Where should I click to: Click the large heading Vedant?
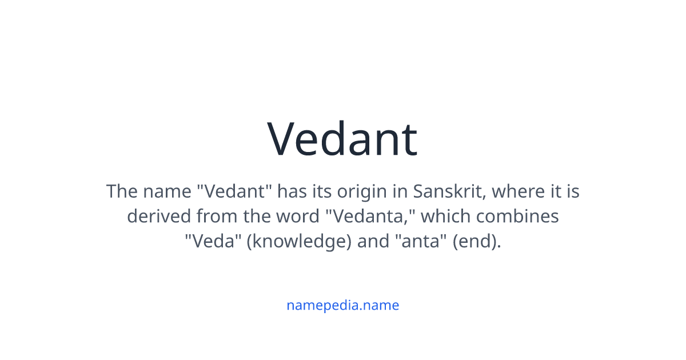[x=342, y=139]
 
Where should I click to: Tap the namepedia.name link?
[x=342, y=305]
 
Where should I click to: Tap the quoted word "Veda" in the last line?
[x=212, y=241]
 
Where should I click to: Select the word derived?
[x=159, y=216]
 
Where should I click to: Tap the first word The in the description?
[x=122, y=191]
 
